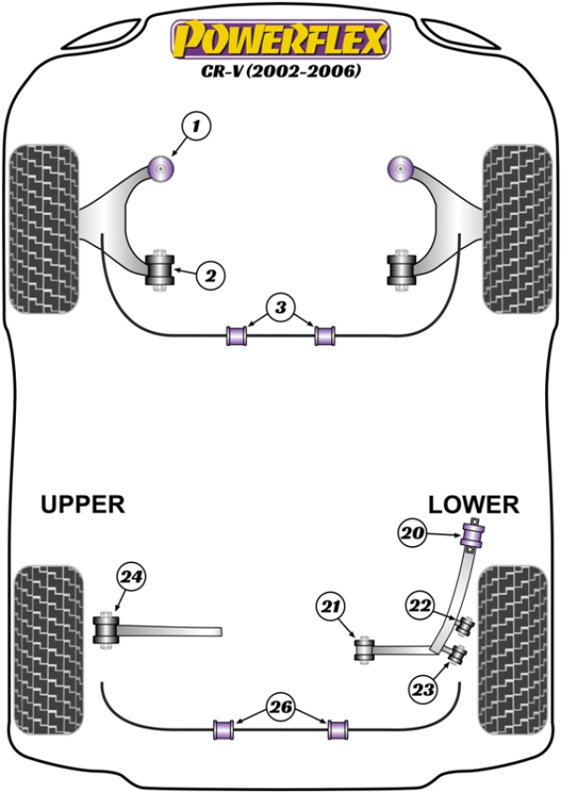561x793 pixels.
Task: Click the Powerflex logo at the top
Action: coord(278,40)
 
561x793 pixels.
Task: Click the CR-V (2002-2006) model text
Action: coord(278,70)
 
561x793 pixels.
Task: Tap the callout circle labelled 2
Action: coord(210,275)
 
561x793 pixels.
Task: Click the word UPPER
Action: coord(82,504)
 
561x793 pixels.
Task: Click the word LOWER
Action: coord(473,504)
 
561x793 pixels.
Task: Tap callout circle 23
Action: coord(424,690)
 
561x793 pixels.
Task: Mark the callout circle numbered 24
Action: coord(131,580)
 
